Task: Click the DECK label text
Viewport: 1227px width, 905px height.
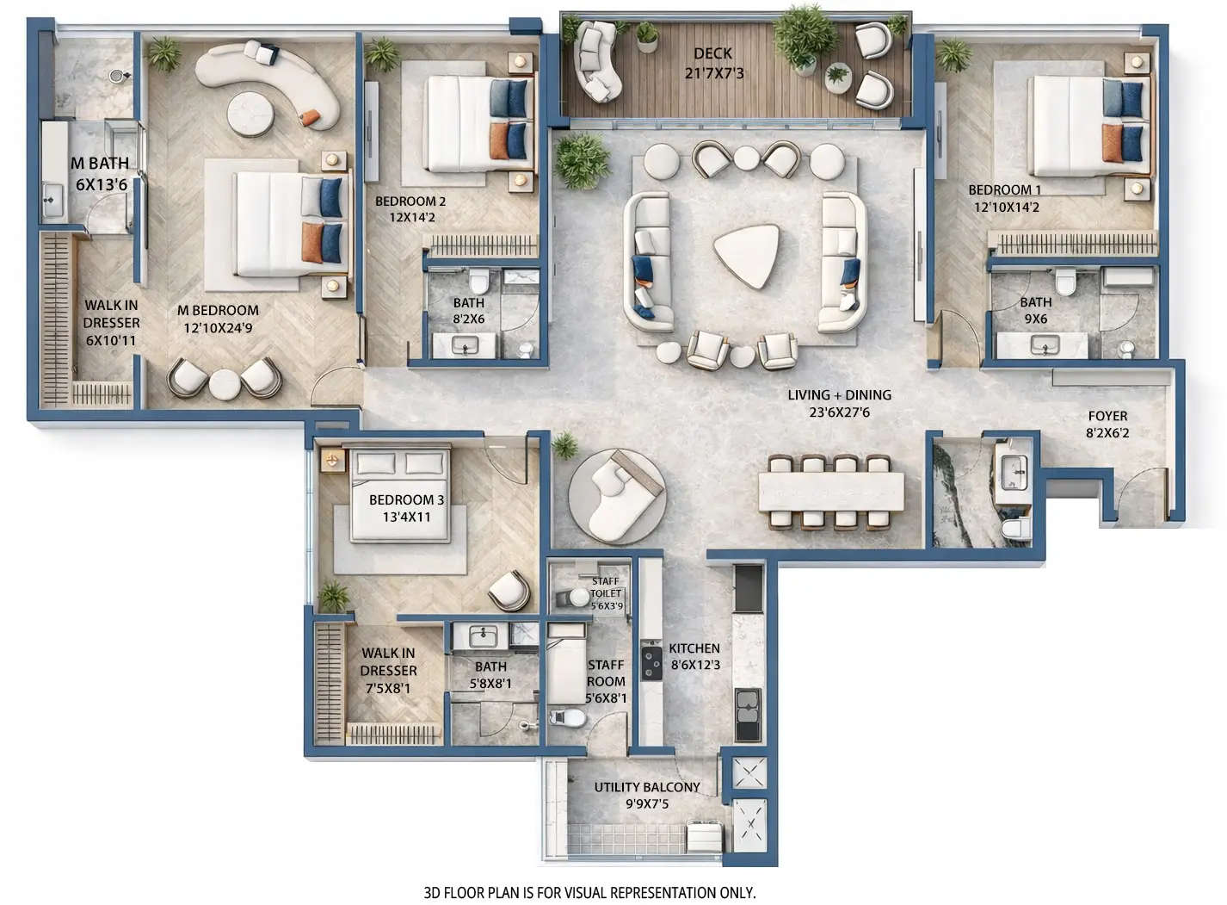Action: (712, 53)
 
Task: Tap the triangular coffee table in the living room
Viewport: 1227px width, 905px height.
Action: (746, 254)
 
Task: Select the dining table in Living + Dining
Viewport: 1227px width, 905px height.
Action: (832, 492)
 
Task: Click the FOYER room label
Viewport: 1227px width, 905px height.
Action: (1107, 416)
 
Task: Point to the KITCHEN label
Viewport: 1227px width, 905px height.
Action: (694, 648)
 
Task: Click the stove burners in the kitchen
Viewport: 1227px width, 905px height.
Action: (650, 663)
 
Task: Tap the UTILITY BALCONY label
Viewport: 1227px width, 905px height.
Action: (647, 787)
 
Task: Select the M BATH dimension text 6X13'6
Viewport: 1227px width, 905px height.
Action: (102, 184)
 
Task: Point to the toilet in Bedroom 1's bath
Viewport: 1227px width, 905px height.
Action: (1065, 281)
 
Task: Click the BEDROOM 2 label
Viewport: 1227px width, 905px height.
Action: (410, 201)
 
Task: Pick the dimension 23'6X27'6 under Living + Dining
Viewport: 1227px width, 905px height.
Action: (840, 412)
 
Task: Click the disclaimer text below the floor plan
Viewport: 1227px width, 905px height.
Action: (589, 893)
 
